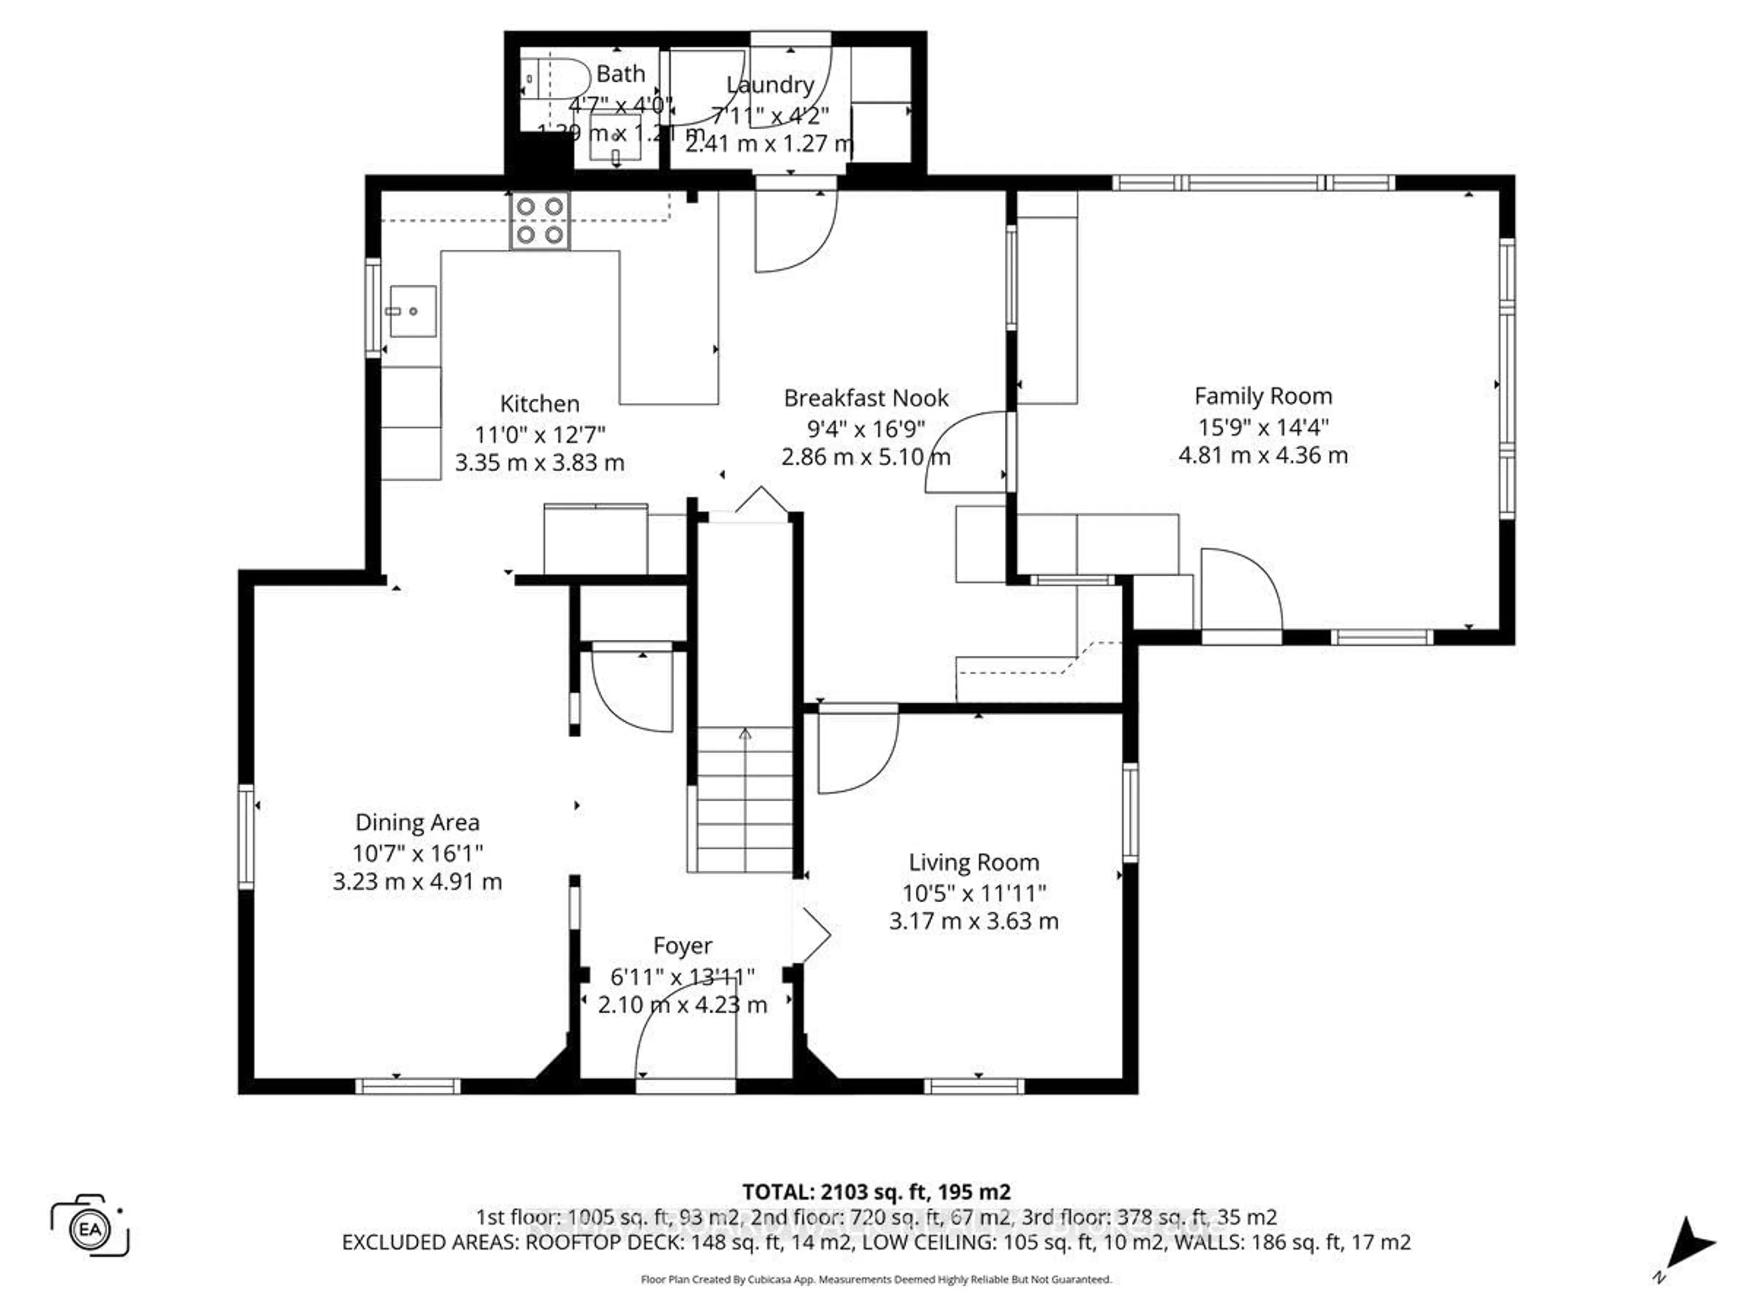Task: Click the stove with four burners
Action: point(540,221)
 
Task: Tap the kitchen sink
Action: point(411,311)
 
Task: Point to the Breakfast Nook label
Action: point(866,398)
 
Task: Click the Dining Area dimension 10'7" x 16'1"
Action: point(418,853)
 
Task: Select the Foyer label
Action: point(682,946)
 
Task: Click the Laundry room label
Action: point(770,85)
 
